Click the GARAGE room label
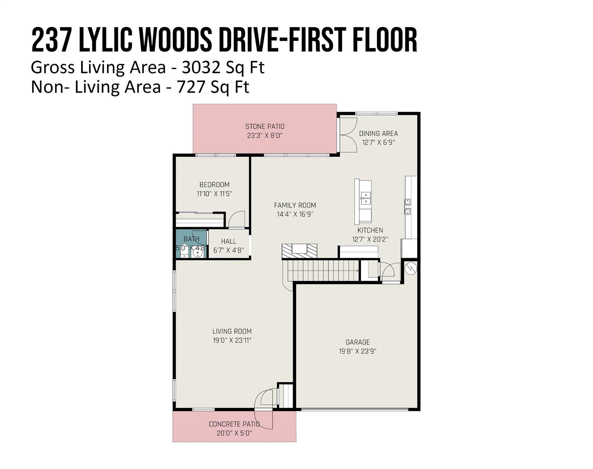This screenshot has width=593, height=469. (x=358, y=342)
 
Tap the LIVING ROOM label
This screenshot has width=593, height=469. (x=232, y=331)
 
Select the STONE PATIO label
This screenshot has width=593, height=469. (x=265, y=126)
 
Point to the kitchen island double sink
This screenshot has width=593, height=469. (x=366, y=198)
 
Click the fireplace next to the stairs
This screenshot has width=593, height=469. (x=299, y=251)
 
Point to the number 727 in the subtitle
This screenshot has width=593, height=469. (x=191, y=87)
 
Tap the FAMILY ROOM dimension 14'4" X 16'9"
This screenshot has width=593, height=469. (x=295, y=214)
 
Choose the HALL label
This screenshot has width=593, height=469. (x=229, y=241)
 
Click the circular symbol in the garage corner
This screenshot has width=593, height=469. (x=411, y=268)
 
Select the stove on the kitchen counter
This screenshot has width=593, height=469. (x=408, y=207)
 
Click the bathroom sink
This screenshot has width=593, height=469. (x=198, y=253)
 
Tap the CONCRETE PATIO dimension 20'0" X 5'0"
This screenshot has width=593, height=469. (x=234, y=433)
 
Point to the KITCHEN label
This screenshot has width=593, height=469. (x=370, y=230)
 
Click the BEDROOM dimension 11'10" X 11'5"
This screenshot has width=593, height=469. (x=214, y=194)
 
